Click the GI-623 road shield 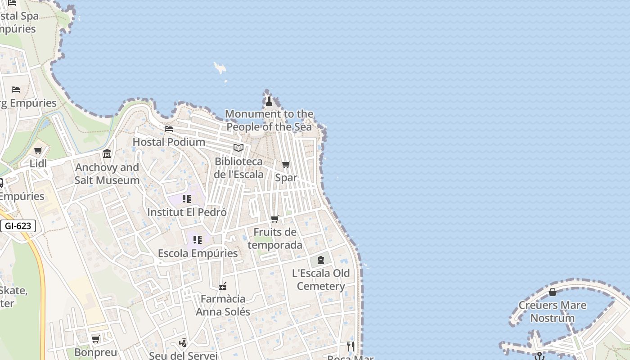[18, 226]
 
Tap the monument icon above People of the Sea [269, 101]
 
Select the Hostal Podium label [169, 142]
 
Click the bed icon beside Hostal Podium [169, 129]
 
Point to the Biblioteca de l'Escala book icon [238, 148]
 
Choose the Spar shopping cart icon [286, 165]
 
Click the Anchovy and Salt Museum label [107, 174]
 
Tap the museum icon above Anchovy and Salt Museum [107, 154]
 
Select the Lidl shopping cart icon [38, 151]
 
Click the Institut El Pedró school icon [187, 199]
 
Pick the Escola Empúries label [198, 253]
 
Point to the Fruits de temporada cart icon [275, 219]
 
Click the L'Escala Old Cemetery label [321, 279]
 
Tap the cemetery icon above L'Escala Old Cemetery [321, 260]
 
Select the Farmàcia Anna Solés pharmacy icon [222, 286]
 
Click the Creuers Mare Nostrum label [553, 311]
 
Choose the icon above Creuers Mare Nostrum [553, 292]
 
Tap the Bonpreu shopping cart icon [95, 339]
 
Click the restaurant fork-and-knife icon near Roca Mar [351, 346]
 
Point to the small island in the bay [220, 68]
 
